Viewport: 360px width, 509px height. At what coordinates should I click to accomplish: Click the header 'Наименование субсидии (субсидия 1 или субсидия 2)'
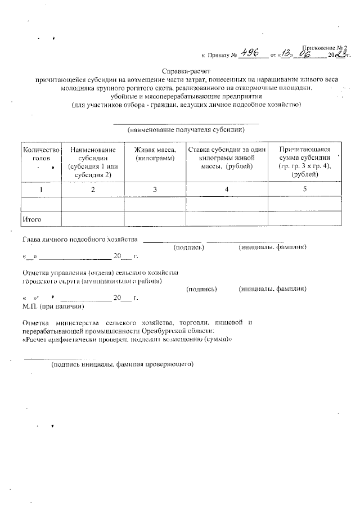pyautogui.click(x=93, y=163)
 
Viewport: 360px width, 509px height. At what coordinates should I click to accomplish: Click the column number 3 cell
pyautogui.click(x=155, y=189)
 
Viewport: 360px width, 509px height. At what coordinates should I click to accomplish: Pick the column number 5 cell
pyautogui.click(x=304, y=189)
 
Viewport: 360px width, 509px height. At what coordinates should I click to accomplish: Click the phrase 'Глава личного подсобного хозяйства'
pyautogui.click(x=80, y=239)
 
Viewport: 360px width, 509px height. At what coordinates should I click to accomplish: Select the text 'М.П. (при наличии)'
pyautogui.click(x=53, y=306)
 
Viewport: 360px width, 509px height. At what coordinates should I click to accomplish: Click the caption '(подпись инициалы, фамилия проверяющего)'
pyautogui.click(x=122, y=364)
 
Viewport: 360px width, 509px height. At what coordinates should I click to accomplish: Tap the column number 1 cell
pyautogui.click(x=40, y=189)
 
